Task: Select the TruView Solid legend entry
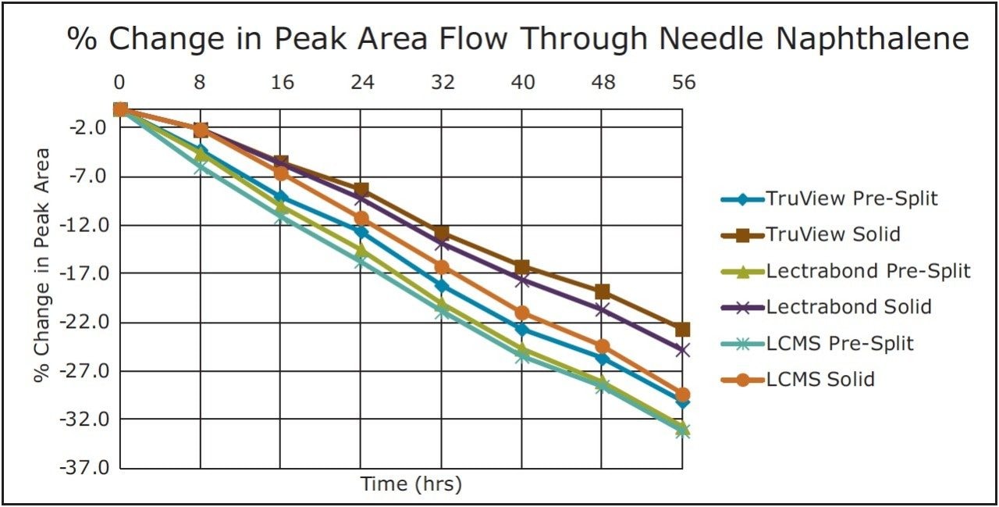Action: (x=833, y=234)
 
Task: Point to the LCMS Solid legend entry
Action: (x=820, y=380)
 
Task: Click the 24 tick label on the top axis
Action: (x=361, y=83)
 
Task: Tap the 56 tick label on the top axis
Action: (x=683, y=83)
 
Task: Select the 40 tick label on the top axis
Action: (x=522, y=83)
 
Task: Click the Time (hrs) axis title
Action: (x=411, y=484)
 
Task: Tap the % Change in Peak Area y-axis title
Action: (x=42, y=266)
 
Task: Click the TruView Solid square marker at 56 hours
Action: (x=683, y=330)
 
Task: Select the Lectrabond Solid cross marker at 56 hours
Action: (x=683, y=350)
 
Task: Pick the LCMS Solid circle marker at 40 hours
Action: (x=522, y=313)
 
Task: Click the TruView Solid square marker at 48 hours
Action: (x=603, y=292)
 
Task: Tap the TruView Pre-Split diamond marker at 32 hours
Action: (x=442, y=286)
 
